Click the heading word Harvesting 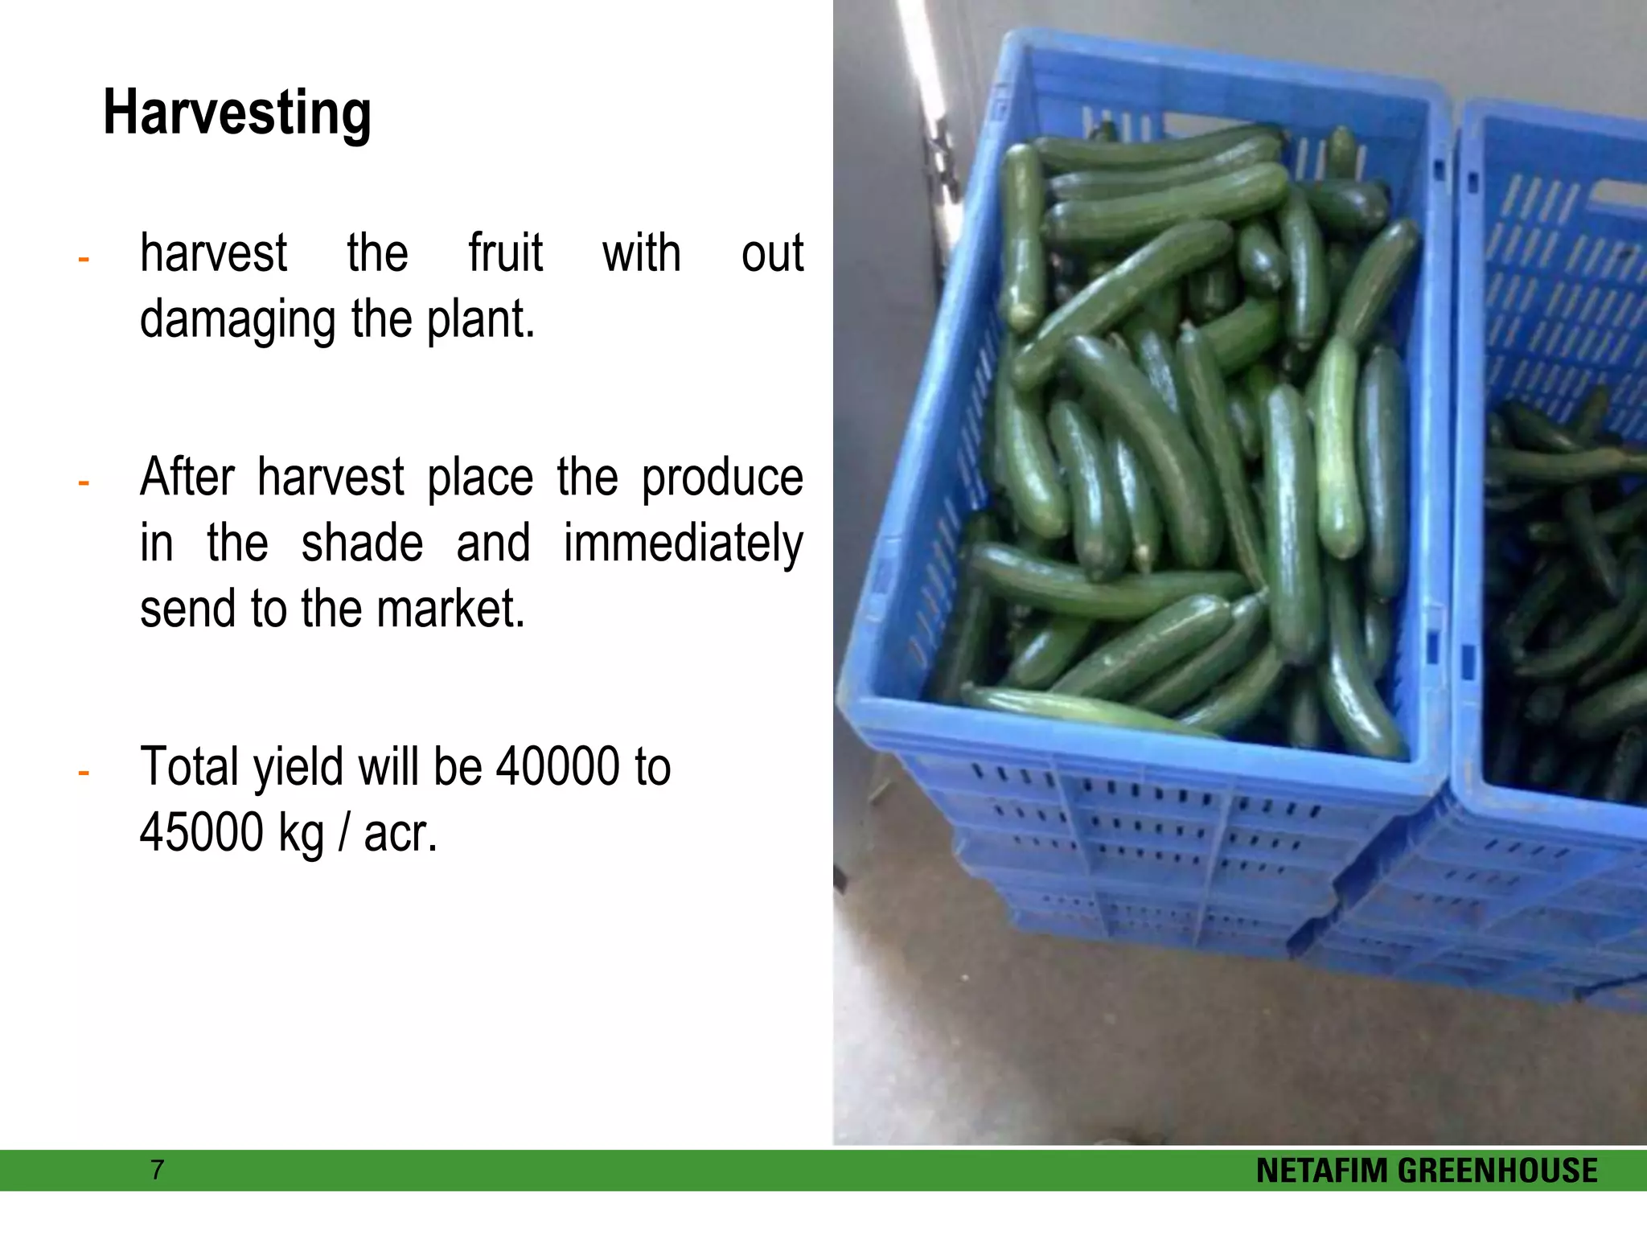coord(237,114)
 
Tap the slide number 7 coord(158,1170)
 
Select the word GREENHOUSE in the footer coord(1498,1171)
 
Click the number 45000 coord(202,832)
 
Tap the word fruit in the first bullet coord(506,253)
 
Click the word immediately coord(683,545)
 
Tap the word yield coord(298,769)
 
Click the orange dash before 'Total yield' coord(83,773)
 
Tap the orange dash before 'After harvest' coord(83,483)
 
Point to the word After coord(187,478)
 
